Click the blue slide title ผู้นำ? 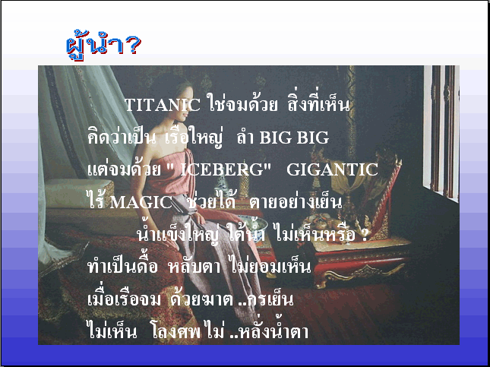(x=104, y=46)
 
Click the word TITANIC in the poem (x=162, y=105)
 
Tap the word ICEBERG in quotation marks (x=222, y=169)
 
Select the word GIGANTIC (x=332, y=169)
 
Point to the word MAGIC (x=141, y=203)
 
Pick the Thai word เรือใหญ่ (x=194, y=137)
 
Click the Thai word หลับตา (x=194, y=267)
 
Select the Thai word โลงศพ (x=176, y=332)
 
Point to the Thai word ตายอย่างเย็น (x=296, y=201)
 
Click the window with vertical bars (x=441, y=131)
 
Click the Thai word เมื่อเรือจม (x=124, y=299)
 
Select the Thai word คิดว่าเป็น (x=122, y=137)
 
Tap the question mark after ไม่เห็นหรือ (x=364, y=235)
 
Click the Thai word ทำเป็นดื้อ (x=122, y=266)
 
